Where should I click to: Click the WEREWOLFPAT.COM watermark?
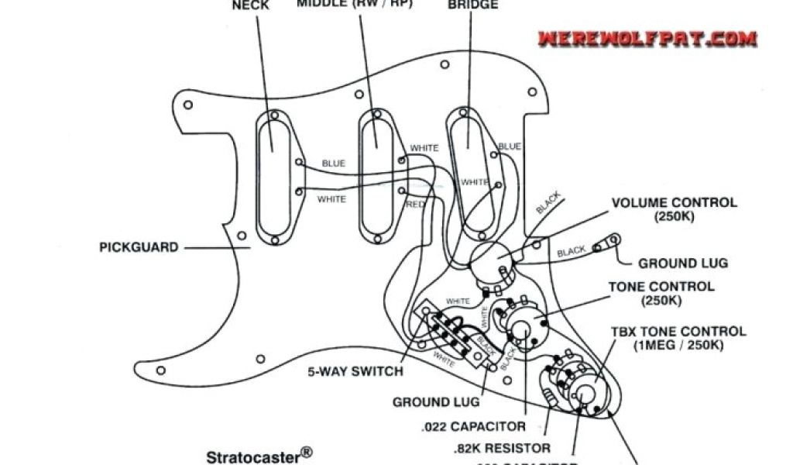647,37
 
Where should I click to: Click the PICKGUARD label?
139,248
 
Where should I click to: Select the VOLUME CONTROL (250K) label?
674,209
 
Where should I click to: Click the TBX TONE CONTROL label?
678,338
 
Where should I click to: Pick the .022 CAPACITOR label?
474,426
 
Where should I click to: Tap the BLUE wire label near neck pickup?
333,164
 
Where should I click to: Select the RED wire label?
415,204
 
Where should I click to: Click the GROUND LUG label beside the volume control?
683,263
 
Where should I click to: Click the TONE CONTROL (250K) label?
661,294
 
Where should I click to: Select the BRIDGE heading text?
473,5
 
